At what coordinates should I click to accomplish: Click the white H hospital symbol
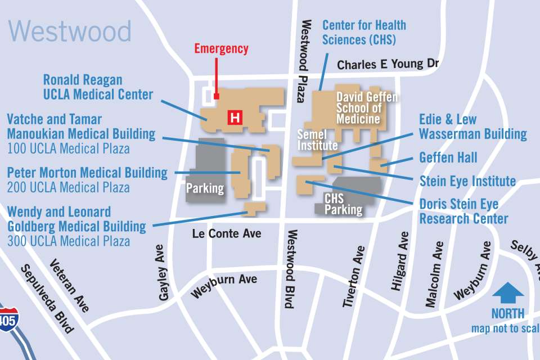click(235, 118)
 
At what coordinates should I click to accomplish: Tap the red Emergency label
click(221, 48)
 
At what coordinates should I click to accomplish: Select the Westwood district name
click(70, 31)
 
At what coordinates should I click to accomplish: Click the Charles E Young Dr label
click(388, 64)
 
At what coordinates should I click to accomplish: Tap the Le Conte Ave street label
click(227, 232)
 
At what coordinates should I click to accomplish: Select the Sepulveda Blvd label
click(48, 298)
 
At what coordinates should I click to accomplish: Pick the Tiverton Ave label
click(355, 276)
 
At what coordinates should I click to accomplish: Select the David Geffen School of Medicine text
click(366, 107)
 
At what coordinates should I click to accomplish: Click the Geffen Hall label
click(448, 157)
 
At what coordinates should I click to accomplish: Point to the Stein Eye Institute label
click(467, 181)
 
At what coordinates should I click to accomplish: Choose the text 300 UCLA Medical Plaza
click(69, 241)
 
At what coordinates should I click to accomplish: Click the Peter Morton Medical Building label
click(87, 172)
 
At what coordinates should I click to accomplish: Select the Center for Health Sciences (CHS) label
click(364, 33)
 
